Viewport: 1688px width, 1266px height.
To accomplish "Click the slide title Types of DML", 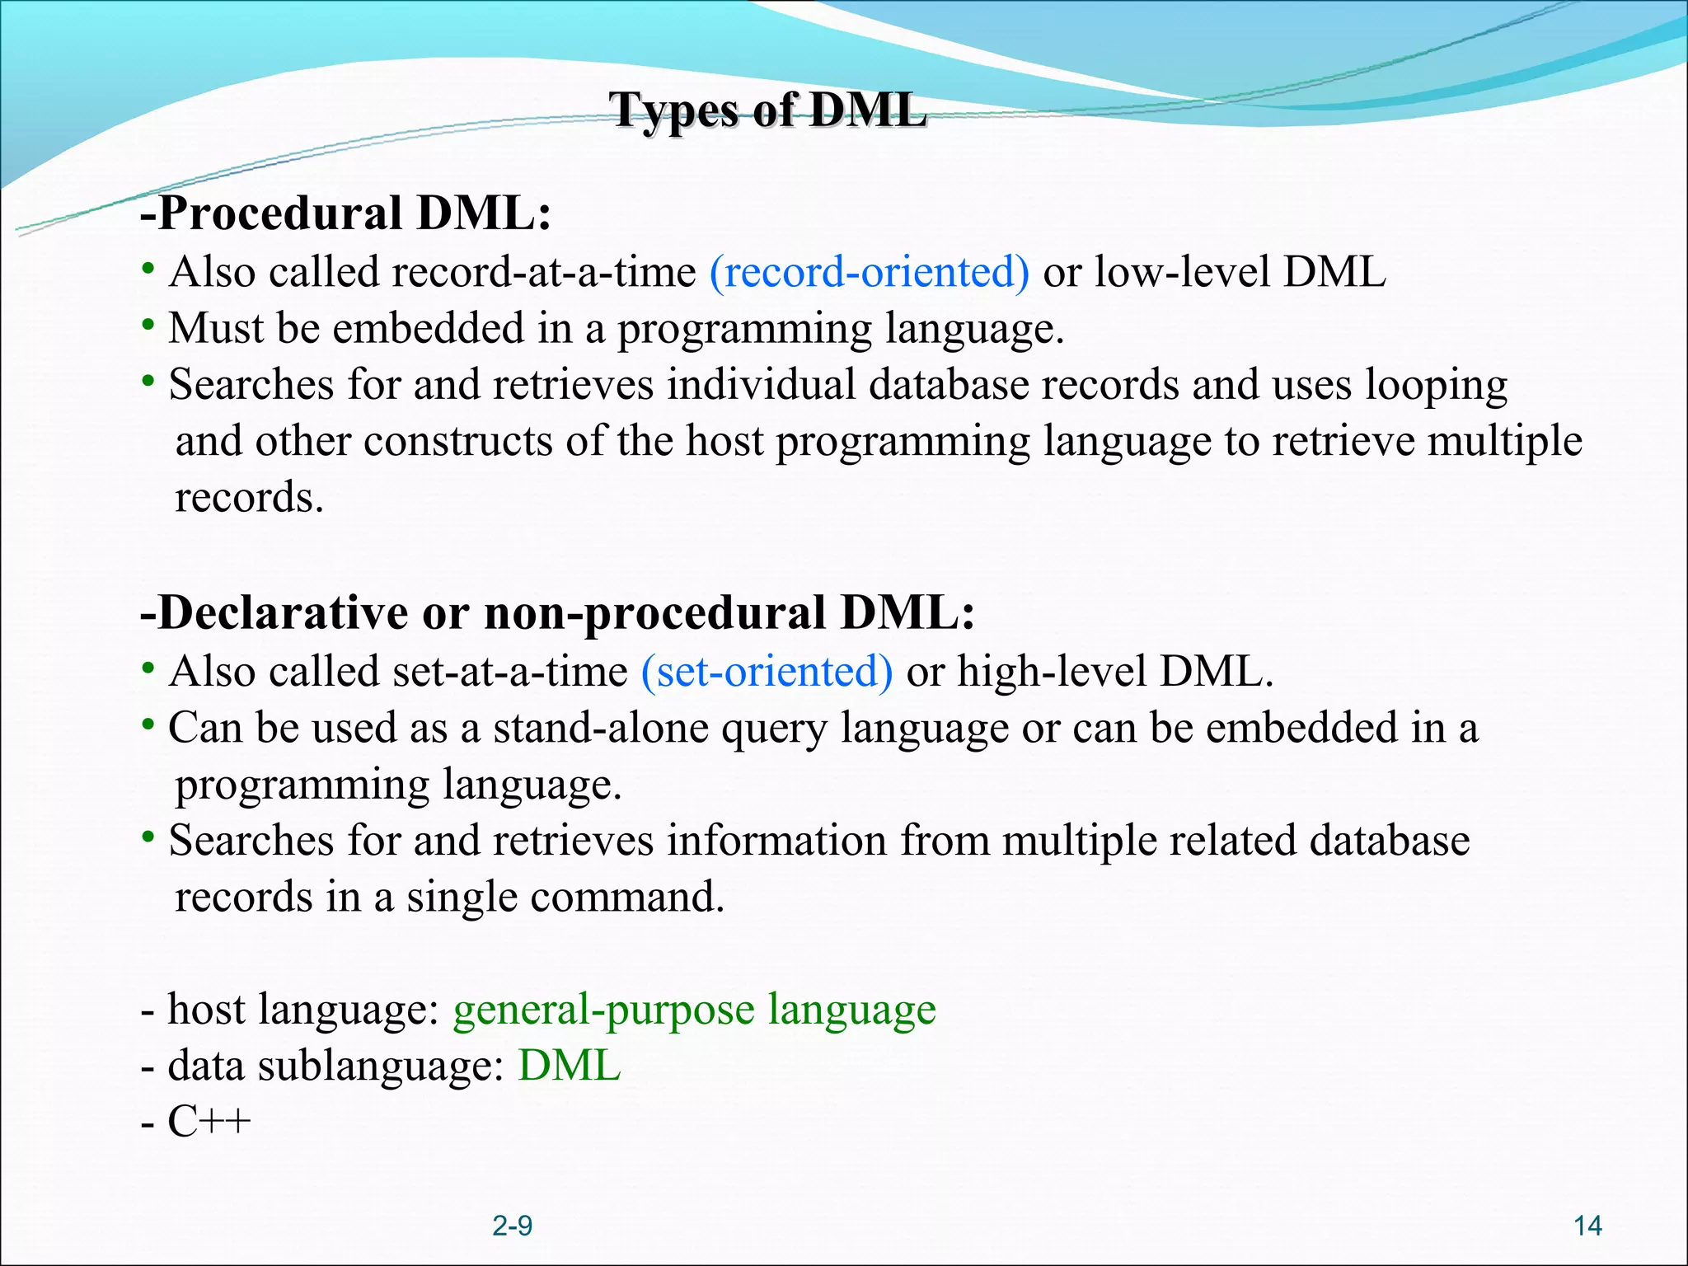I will (x=767, y=110).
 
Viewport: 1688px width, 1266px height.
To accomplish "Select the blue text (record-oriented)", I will (x=869, y=272).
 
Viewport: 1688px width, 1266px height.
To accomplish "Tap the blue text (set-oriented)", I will (x=767, y=671).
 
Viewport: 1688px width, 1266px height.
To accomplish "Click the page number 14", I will (x=1587, y=1226).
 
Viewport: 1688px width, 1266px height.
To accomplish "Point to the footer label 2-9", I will (x=512, y=1226).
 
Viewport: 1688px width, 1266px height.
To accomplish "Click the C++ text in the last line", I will (x=209, y=1122).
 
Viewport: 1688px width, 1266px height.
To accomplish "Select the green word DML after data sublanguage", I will (x=569, y=1066).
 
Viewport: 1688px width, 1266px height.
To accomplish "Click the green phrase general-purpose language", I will (x=694, y=1010).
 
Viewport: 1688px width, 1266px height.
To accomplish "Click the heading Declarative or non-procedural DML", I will (x=558, y=612).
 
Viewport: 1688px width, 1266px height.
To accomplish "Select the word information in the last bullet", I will (x=776, y=841).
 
